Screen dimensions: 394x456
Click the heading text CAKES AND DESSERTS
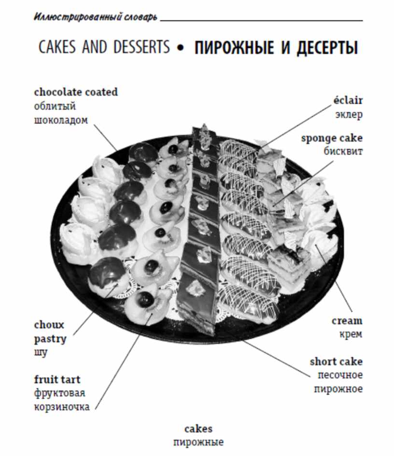coord(104,47)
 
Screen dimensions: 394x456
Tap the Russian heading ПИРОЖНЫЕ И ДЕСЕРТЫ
coord(276,48)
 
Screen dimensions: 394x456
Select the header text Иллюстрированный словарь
coord(96,17)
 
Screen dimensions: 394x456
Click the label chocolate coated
coord(76,92)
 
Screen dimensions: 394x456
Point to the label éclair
coord(348,100)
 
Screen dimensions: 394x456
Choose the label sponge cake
coord(332,138)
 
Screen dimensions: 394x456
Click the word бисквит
coord(343,151)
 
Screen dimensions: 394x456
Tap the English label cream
coord(347,321)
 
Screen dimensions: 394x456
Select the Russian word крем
coord(351,335)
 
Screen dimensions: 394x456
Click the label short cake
coord(337,362)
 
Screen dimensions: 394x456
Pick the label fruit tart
coord(57,379)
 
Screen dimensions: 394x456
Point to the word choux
coord(49,325)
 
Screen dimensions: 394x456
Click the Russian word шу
coord(41,352)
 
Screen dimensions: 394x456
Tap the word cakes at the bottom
coord(198,429)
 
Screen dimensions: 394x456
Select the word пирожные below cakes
coord(198,443)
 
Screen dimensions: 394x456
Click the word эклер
coord(349,114)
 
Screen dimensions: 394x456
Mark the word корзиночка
coord(62,406)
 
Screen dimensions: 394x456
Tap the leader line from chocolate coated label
coord(105,138)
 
